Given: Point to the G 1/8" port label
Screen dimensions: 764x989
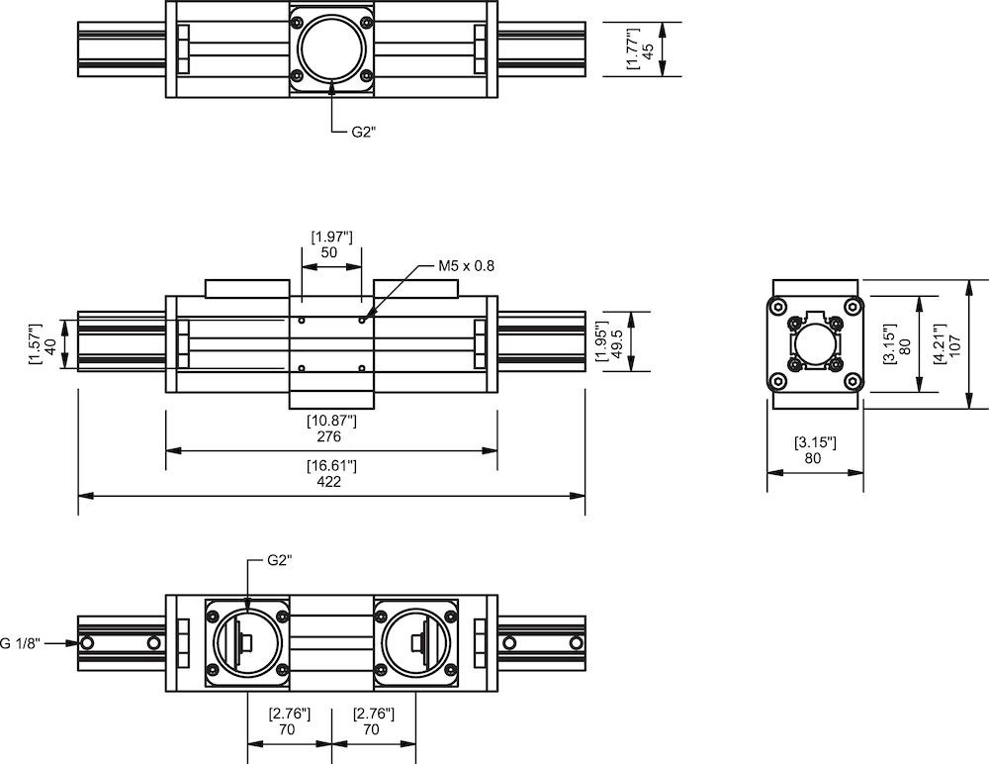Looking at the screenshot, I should coord(19,643).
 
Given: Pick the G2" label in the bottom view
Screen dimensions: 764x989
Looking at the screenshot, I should coord(280,559).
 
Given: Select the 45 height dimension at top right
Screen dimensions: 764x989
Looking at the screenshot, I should coord(649,50).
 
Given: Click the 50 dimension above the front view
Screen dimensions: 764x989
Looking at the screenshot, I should coord(330,253).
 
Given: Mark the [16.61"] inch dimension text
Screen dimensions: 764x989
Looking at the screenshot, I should coord(330,466).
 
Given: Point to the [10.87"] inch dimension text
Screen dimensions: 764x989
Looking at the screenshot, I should coord(331,421).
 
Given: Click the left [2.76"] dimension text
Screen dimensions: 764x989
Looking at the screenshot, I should coord(289,713).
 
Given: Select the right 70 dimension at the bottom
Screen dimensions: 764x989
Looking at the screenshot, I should coord(373,729).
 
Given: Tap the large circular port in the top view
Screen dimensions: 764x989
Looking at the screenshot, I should coord(331,50).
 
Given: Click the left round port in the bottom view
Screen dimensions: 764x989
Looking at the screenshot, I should coord(247,643).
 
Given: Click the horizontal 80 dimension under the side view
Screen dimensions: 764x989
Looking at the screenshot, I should coord(815,458).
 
